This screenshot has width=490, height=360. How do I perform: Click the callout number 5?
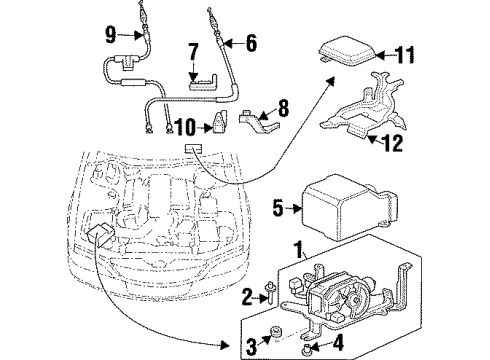click(x=278, y=208)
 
